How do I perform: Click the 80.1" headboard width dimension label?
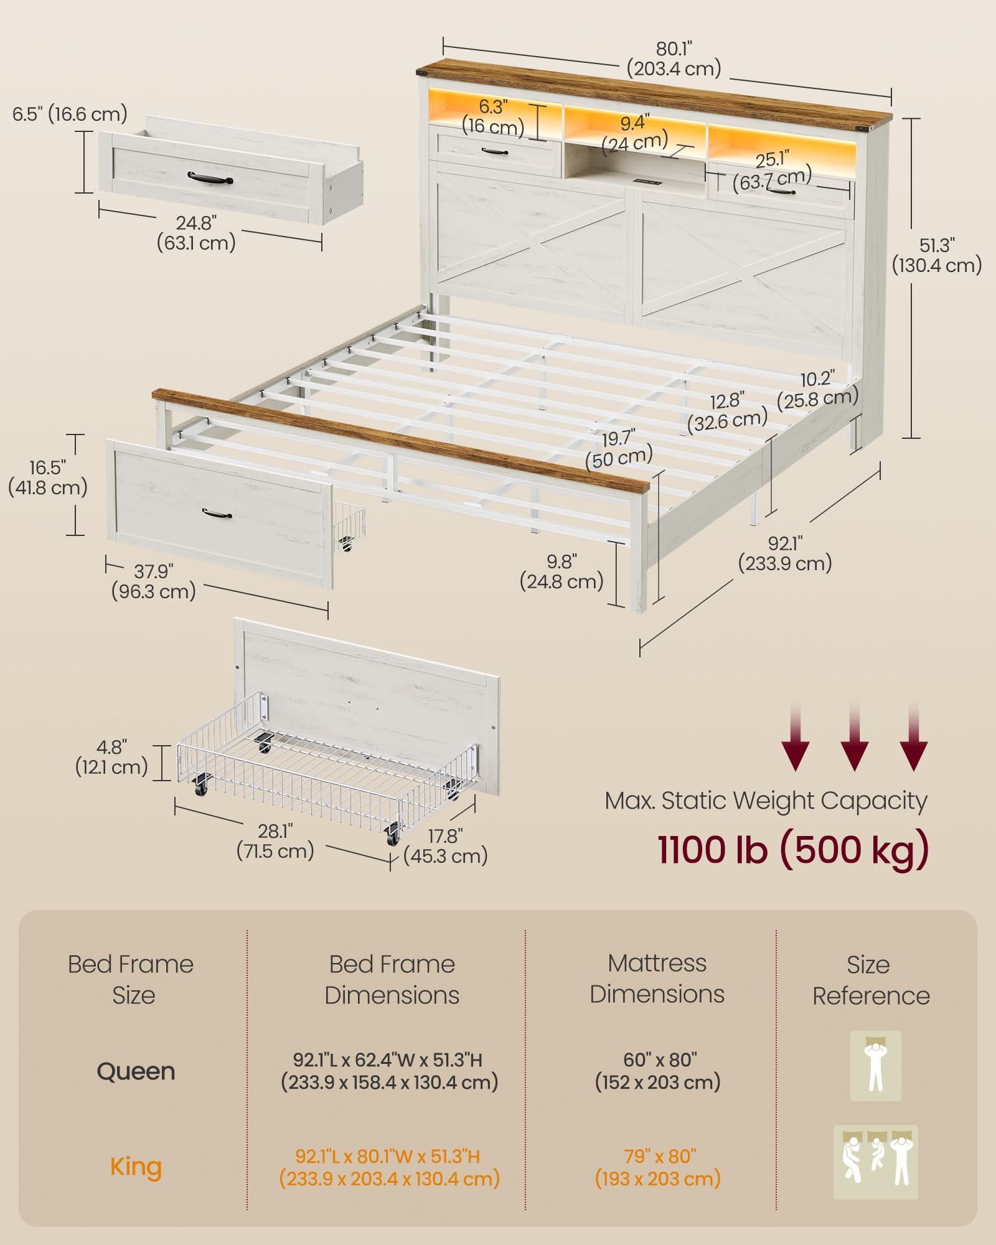674,59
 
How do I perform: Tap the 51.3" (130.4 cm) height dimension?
937,255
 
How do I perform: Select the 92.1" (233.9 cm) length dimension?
785,553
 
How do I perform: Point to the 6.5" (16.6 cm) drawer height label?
70,114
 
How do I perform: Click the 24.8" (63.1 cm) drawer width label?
196,232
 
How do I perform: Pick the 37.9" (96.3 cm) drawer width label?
153,581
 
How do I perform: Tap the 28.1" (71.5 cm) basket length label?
275,841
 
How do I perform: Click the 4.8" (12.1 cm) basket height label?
111,756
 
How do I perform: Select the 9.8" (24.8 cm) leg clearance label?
561,571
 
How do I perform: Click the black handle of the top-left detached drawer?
210,178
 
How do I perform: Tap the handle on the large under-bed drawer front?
217,514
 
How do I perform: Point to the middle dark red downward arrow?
855,738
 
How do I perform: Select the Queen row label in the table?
136,1071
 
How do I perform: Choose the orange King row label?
136,1167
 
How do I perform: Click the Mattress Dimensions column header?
657,979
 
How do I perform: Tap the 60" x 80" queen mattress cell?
658,1071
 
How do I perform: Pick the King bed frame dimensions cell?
389,1167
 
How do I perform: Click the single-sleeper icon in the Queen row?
875,1066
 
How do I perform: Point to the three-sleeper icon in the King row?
875,1162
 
